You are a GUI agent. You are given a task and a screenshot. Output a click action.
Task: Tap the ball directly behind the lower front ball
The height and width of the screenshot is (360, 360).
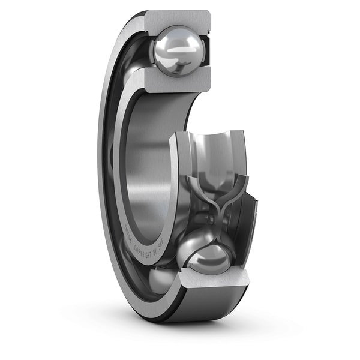[x=192, y=243]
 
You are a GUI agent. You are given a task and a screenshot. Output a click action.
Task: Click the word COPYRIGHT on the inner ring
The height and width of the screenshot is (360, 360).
[x=144, y=246]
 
